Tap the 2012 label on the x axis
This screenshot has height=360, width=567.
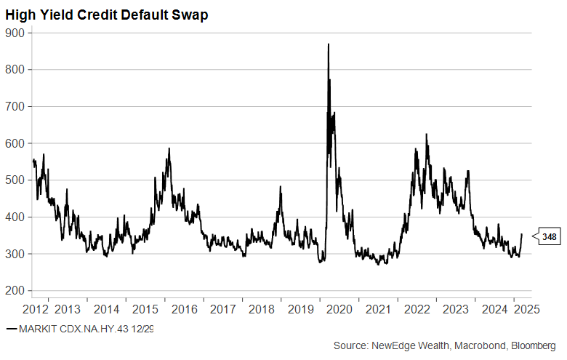click(36, 308)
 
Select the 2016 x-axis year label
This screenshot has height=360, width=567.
click(185, 308)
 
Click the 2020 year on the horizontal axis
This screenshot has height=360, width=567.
click(339, 308)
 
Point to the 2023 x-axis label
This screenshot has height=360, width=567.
click(456, 308)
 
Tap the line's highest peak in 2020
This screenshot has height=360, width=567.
click(329, 44)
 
